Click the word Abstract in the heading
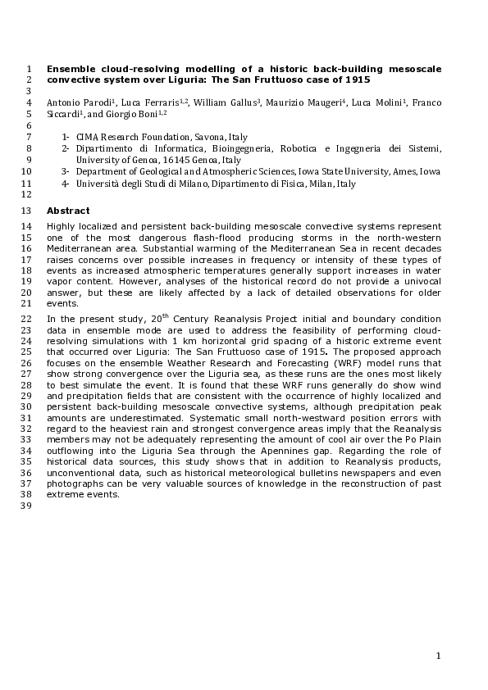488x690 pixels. pyautogui.click(x=68, y=211)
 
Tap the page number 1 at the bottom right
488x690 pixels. pyautogui.click(x=439, y=656)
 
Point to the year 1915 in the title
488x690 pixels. pyautogui.click(x=357, y=80)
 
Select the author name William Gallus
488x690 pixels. pyautogui.click(x=231, y=103)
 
